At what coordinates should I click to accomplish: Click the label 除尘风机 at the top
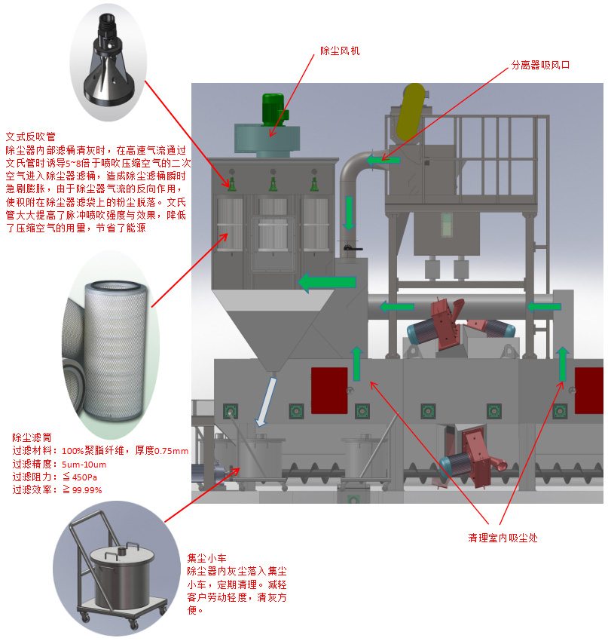point(340,51)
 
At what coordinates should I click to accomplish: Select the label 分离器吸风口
point(540,66)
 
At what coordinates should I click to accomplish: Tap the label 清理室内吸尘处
point(503,538)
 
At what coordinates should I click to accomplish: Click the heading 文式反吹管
point(30,136)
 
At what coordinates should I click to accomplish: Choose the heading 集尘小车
point(206,558)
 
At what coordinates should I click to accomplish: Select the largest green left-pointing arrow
point(327,282)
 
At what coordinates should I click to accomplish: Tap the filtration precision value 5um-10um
point(84,464)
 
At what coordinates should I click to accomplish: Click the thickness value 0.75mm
point(170,451)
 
